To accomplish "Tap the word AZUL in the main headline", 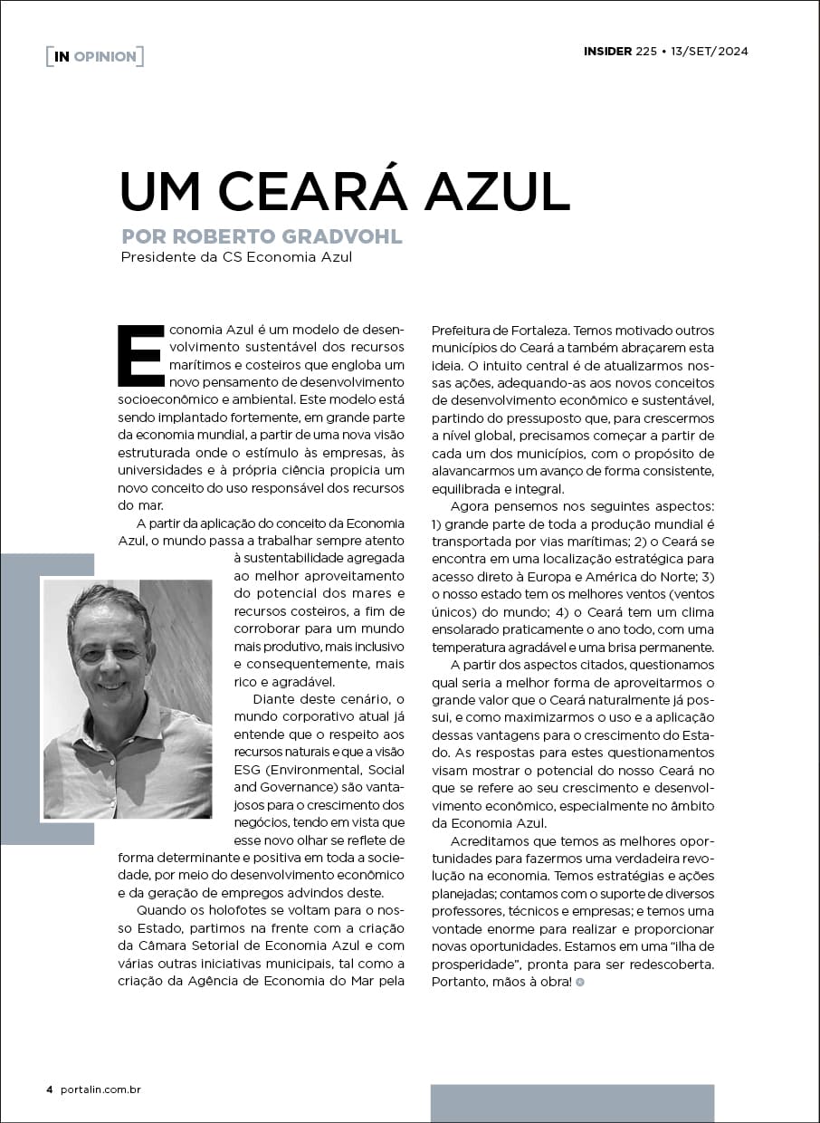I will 492,189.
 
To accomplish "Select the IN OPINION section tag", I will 94,56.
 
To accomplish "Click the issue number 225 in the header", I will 646,51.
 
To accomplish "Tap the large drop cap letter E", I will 139,353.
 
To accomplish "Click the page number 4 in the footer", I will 49,1089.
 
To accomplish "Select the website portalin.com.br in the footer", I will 100,1089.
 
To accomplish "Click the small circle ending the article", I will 579,982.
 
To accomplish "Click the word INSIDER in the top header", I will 607,51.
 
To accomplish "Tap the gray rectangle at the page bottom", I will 572,1103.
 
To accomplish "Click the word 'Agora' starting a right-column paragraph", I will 470,507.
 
